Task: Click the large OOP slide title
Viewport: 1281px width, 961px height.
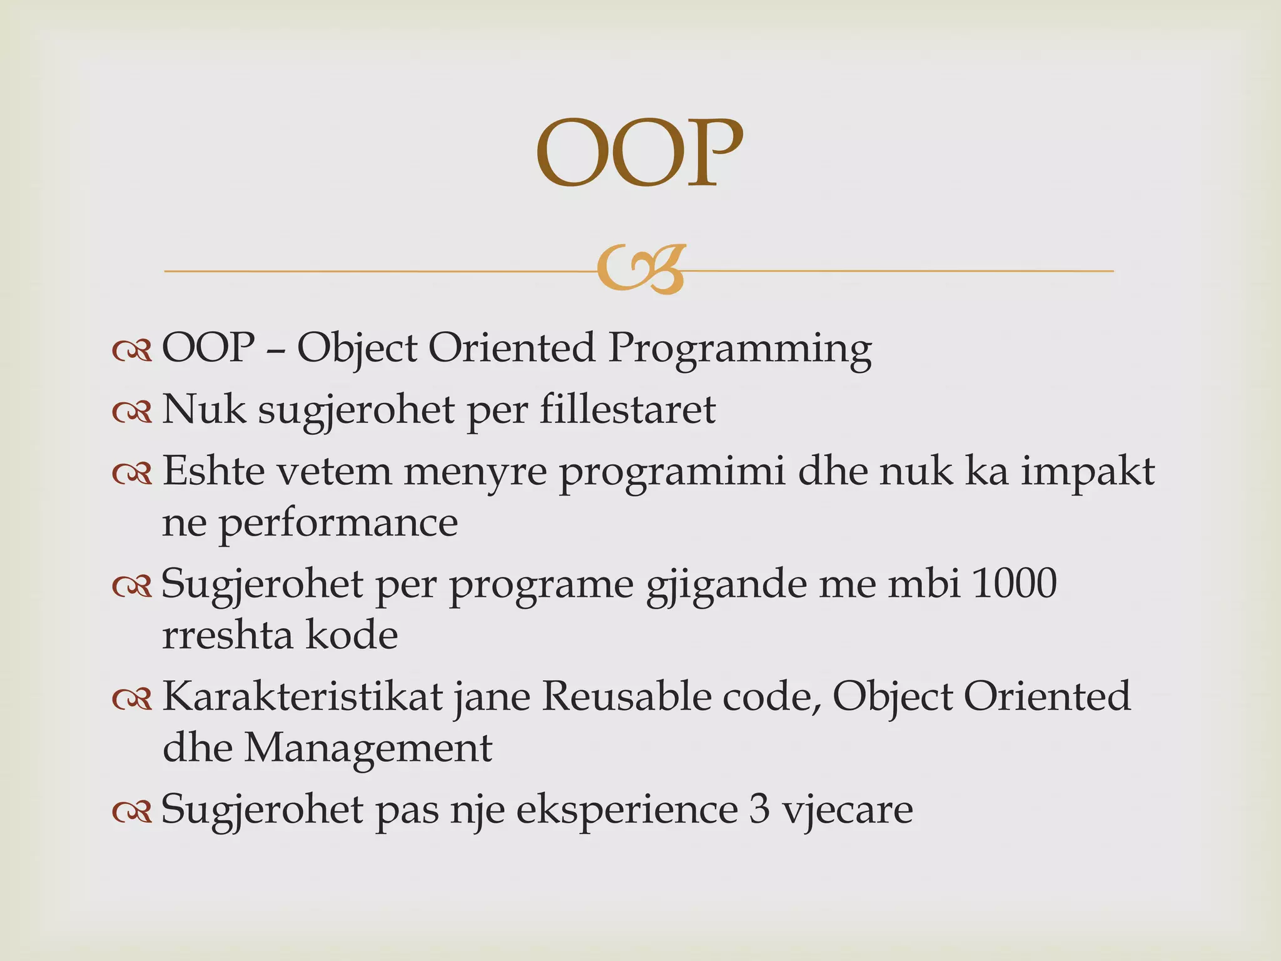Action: click(639, 153)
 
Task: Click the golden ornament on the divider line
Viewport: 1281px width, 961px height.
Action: click(640, 269)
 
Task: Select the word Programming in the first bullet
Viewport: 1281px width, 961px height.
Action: click(739, 348)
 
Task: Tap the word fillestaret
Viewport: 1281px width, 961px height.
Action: click(627, 410)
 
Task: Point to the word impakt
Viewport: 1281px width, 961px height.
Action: click(1088, 471)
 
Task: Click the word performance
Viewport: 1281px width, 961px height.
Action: click(338, 523)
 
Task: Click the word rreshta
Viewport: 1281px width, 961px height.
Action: click(228, 635)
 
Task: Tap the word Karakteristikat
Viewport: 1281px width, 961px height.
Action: click(303, 696)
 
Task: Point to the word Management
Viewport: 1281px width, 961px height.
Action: click(368, 748)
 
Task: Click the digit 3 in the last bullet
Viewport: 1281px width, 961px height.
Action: click(759, 809)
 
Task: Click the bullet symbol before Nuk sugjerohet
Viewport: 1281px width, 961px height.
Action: click(132, 412)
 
